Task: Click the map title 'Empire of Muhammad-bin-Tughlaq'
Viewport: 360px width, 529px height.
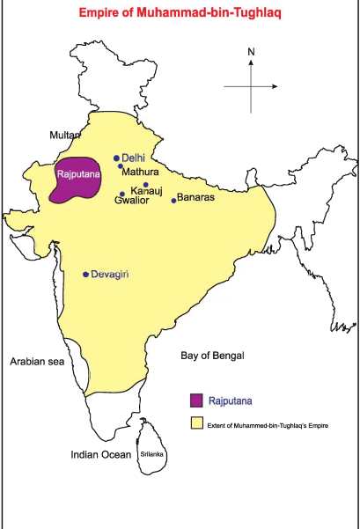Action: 179,14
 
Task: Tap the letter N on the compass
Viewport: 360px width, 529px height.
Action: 251,52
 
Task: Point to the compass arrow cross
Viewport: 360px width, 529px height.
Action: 252,85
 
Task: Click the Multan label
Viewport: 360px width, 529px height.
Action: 64,135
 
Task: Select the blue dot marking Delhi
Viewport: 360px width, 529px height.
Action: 116,158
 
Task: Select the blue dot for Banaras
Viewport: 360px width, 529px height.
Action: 173,201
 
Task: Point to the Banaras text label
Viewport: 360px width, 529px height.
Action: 196,197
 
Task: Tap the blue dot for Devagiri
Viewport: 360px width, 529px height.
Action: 85,275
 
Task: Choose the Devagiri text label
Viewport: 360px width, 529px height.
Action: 110,275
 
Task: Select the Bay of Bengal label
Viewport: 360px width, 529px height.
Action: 212,356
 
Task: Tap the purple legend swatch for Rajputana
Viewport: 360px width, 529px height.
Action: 198,400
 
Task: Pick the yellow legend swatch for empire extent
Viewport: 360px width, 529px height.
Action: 198,424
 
